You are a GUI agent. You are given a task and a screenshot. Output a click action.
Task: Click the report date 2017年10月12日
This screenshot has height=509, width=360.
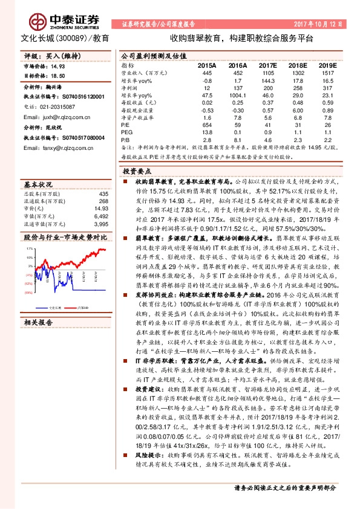[322, 25]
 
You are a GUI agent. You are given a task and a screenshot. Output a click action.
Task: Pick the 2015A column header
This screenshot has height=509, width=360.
[207, 64]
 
